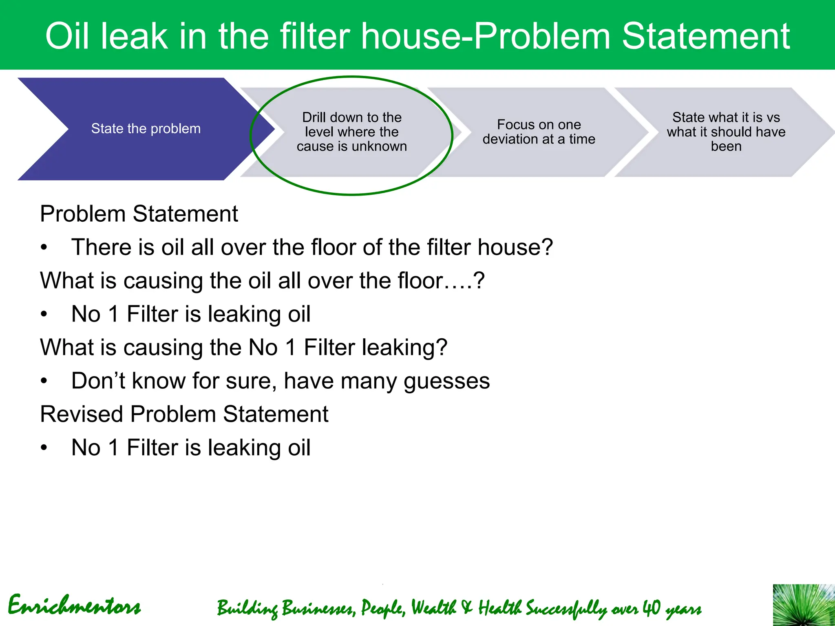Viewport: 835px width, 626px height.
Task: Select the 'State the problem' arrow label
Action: pyautogui.click(x=146, y=129)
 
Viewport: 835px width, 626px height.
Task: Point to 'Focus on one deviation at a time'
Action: pyautogui.click(x=539, y=132)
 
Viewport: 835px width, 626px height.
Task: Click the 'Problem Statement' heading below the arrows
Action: pyautogui.click(x=139, y=214)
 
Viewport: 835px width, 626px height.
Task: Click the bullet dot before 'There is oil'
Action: pyautogui.click(x=44, y=247)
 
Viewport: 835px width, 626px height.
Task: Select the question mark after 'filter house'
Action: pyautogui.click(x=546, y=247)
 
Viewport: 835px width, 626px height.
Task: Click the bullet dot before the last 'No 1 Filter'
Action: pyautogui.click(x=44, y=448)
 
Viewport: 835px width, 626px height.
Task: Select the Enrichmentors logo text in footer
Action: pyautogui.click(x=74, y=606)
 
